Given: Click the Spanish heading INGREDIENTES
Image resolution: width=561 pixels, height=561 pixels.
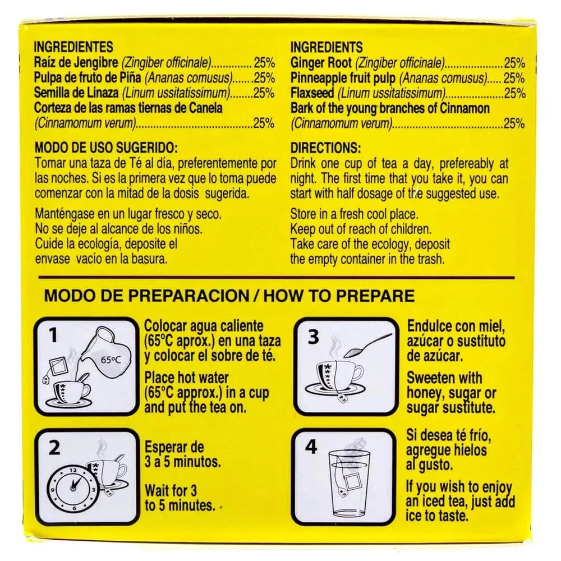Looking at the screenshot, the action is pyautogui.click(x=73, y=47).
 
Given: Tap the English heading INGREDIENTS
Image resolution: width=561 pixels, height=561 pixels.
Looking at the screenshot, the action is pyautogui.click(x=327, y=47).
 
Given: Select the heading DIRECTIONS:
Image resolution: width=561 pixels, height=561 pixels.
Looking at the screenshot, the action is pyautogui.click(x=325, y=148).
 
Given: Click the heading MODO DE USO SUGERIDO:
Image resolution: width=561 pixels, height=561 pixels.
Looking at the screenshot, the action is pyautogui.click(x=106, y=148).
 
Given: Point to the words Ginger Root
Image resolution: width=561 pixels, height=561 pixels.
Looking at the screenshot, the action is pyautogui.click(x=321, y=63).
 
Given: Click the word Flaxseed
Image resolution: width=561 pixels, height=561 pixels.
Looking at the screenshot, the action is pyautogui.click(x=312, y=93).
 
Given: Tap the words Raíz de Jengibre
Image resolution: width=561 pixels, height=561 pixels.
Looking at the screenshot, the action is pyautogui.click(x=76, y=63).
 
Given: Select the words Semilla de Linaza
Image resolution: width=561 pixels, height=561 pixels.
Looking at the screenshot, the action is pyautogui.click(x=76, y=93).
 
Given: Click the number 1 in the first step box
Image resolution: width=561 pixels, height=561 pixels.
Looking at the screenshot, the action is pyautogui.click(x=53, y=335).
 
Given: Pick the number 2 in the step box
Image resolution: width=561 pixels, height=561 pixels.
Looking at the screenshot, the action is pyautogui.click(x=54, y=448).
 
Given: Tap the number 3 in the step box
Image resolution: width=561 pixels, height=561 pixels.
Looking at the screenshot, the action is pyautogui.click(x=313, y=337).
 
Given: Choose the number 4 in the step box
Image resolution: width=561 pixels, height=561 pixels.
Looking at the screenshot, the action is pyautogui.click(x=311, y=447).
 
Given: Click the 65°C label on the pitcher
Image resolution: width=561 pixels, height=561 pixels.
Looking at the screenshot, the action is pyautogui.click(x=111, y=360).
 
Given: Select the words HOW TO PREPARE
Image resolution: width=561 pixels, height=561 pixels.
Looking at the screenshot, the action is pyautogui.click(x=339, y=296).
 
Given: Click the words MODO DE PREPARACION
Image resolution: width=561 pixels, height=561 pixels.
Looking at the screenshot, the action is pyautogui.click(x=146, y=296).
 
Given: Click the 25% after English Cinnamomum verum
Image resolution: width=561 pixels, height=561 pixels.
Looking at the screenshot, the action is pyautogui.click(x=514, y=123).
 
